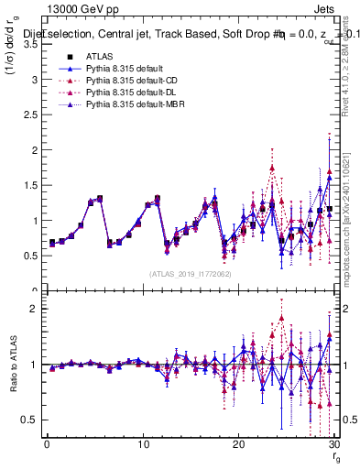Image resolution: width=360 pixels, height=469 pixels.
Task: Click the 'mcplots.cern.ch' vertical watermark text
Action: click(x=349, y=247)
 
